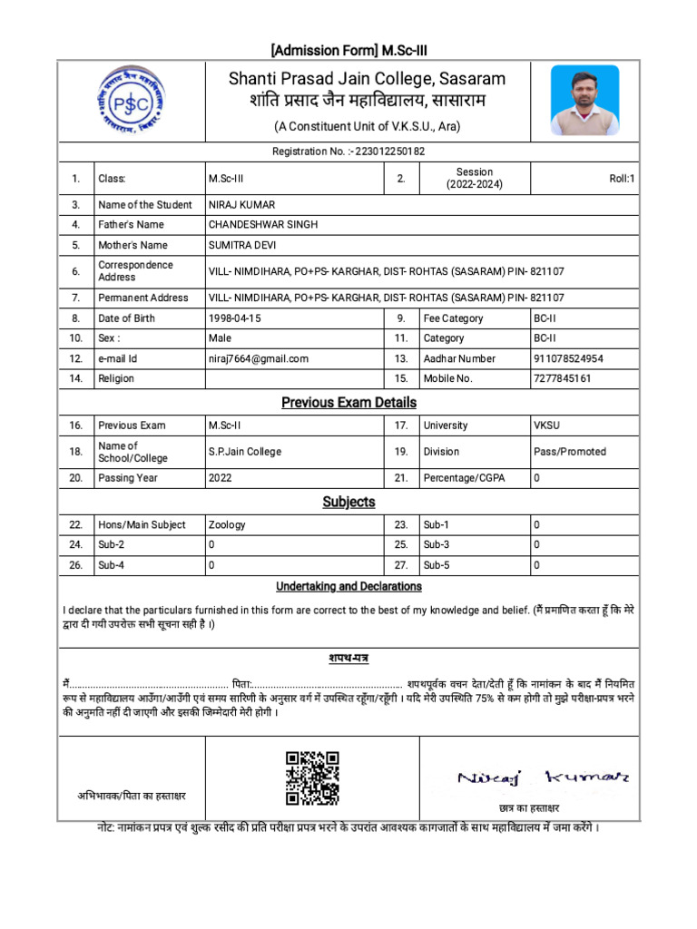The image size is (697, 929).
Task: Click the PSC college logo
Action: pyautogui.click(x=131, y=101)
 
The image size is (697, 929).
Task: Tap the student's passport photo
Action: pyautogui.click(x=585, y=101)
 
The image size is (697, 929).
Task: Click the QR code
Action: pyautogui.click(x=312, y=777)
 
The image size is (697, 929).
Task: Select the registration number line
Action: pyautogui.click(x=348, y=152)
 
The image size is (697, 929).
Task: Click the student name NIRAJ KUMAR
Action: pyautogui.click(x=241, y=204)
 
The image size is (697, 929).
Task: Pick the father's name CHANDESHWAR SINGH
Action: pyautogui.click(x=263, y=224)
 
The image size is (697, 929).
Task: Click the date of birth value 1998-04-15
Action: pyautogui.click(x=234, y=318)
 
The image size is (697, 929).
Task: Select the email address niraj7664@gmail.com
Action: pyautogui.click(x=259, y=358)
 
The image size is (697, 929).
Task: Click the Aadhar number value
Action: pyautogui.click(x=568, y=358)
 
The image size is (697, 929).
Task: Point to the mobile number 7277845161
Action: pyautogui.click(x=562, y=378)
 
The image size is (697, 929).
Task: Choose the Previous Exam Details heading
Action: pyautogui.click(x=348, y=402)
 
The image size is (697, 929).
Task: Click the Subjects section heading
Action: pyautogui.click(x=348, y=502)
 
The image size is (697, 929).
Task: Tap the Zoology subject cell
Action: pyautogui.click(x=227, y=524)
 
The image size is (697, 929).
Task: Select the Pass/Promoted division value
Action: pyautogui.click(x=570, y=451)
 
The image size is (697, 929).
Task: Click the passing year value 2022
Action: pyautogui.click(x=221, y=477)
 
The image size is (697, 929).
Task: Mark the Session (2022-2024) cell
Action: pyautogui.click(x=475, y=178)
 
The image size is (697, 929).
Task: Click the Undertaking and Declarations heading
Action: pyautogui.click(x=348, y=586)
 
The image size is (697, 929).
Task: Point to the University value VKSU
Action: pyautogui.click(x=547, y=425)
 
